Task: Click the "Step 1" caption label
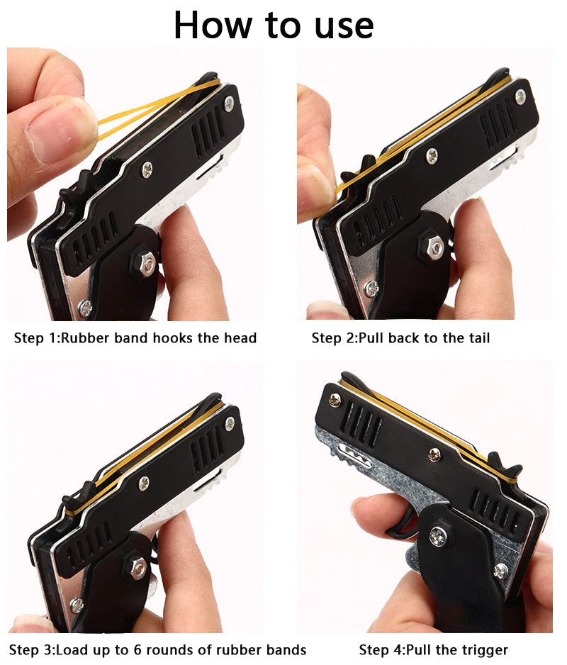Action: click(36, 337)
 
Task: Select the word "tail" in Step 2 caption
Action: click(476, 337)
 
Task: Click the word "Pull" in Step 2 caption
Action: click(374, 337)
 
